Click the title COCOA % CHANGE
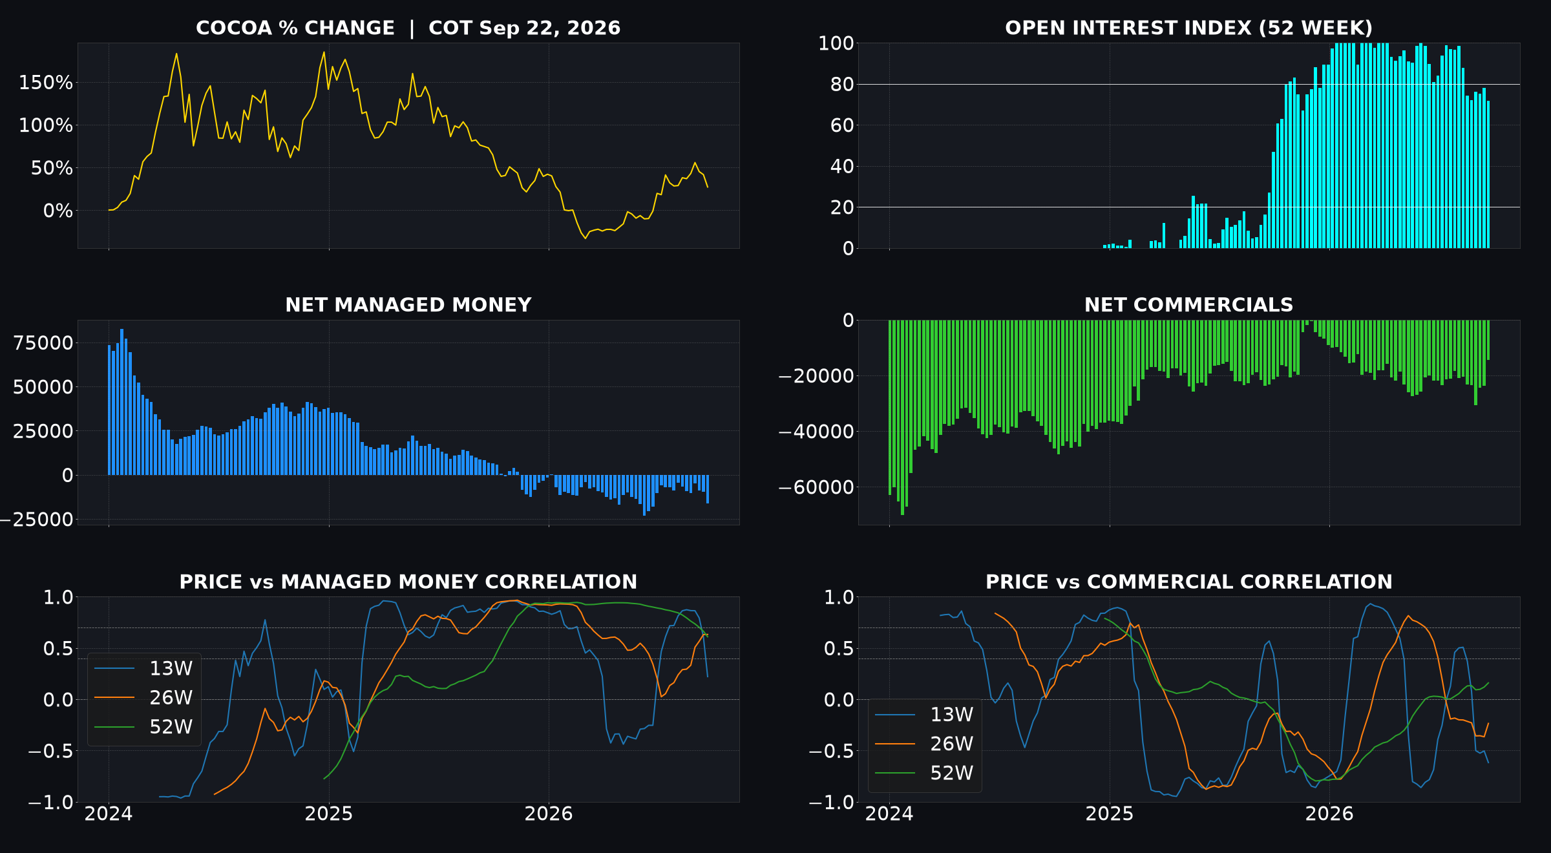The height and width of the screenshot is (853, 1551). pos(295,28)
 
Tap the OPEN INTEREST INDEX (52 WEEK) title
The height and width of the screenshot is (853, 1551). pos(1188,28)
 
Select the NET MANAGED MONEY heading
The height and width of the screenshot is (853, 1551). pos(408,305)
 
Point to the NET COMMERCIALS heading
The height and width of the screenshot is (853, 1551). pos(1188,305)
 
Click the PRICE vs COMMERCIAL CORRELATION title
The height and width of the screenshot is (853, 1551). pos(1188,582)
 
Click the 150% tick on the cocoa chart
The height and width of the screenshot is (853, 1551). pos(46,83)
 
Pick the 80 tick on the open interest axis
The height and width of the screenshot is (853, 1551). pos(842,84)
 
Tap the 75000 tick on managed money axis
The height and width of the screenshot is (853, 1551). pos(43,343)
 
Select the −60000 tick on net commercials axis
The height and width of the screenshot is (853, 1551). pos(816,487)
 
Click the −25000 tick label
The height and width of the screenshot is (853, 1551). pos(37,520)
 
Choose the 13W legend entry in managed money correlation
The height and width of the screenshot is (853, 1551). pos(143,668)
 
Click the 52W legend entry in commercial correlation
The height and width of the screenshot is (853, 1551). pos(924,773)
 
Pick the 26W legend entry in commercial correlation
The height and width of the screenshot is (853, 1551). pos(924,744)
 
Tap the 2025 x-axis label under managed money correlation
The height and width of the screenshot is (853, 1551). pos(329,814)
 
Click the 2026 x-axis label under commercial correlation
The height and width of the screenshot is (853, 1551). pos(1329,814)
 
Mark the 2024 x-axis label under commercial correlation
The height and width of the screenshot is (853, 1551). pos(889,814)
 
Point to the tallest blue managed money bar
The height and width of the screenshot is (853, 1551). pos(121,402)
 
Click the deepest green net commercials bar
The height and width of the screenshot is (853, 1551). pos(902,417)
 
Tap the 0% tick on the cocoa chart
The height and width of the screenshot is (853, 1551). pos(58,211)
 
